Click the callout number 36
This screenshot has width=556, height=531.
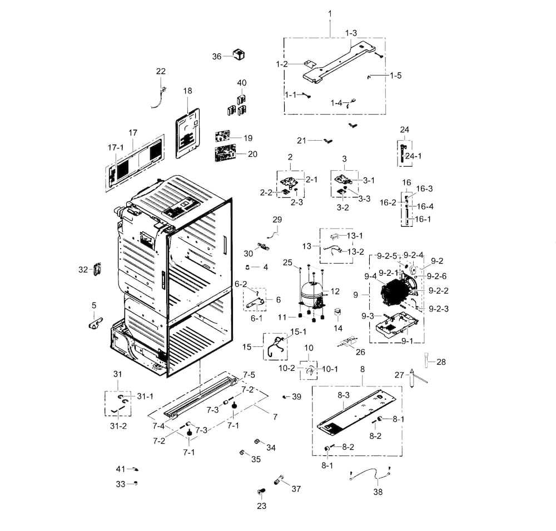[217, 56]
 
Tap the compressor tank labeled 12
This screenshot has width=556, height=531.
[310, 293]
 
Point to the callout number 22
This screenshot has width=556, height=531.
[161, 71]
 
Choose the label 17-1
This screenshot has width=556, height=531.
[115, 147]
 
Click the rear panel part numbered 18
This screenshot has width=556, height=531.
[187, 132]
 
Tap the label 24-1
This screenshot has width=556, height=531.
[413, 156]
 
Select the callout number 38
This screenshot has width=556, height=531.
[378, 492]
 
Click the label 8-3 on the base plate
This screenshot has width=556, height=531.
[343, 395]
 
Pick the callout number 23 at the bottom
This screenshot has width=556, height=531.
[261, 506]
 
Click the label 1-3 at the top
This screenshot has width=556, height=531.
[351, 33]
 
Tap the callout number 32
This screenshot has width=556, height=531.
[83, 270]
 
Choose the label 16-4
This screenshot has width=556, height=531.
[425, 206]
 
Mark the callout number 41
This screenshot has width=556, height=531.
[121, 469]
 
